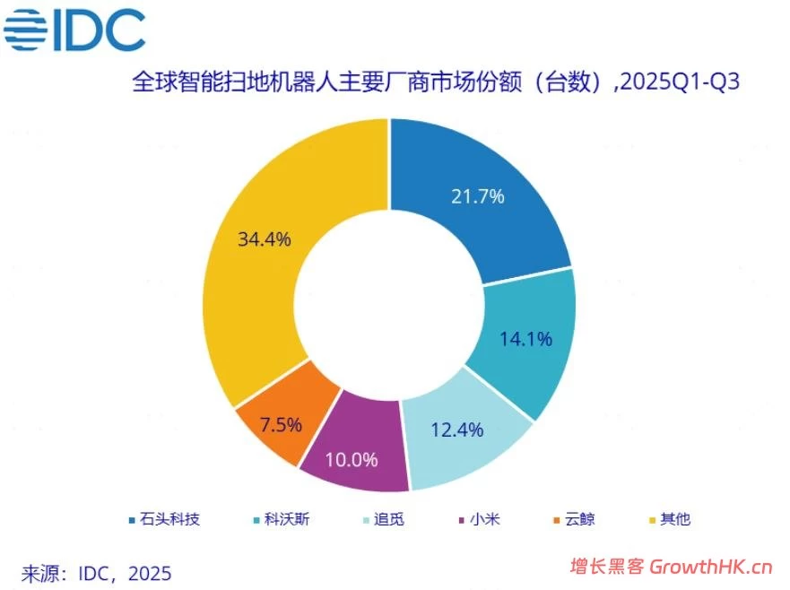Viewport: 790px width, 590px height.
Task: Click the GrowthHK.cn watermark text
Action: click(x=711, y=567)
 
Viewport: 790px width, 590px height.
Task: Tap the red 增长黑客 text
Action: click(x=607, y=567)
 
